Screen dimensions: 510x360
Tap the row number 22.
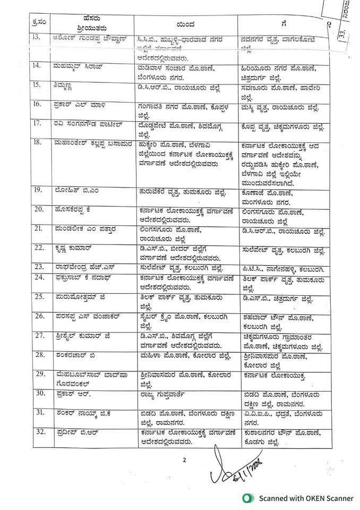pos(22,248)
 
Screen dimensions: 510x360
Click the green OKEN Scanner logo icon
pos(246,498)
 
